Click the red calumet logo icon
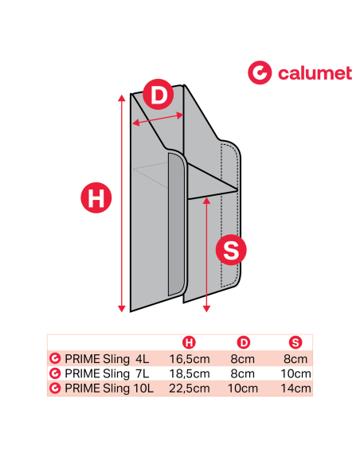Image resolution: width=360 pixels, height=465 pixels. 260,73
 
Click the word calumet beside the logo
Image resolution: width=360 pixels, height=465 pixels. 315,73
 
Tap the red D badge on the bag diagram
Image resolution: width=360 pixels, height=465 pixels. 158,96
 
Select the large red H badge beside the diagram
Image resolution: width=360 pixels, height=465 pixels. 96,198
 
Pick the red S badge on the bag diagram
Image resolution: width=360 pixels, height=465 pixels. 231,250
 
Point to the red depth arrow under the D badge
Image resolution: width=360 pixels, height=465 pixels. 158,119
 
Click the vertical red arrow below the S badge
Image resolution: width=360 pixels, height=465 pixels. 207,255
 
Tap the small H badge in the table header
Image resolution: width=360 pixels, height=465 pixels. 190,342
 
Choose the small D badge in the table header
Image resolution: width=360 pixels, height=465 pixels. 244,342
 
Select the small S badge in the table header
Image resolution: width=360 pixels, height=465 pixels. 296,342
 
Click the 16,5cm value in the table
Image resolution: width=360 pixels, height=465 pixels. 190,358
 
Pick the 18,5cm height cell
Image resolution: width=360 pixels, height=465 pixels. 190,373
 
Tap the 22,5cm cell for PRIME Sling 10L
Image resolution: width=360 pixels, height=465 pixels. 190,388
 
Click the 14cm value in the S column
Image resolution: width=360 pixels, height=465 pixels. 296,388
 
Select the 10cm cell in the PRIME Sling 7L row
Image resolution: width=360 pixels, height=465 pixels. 296,373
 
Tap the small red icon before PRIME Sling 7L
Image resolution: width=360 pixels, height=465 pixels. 55,373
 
